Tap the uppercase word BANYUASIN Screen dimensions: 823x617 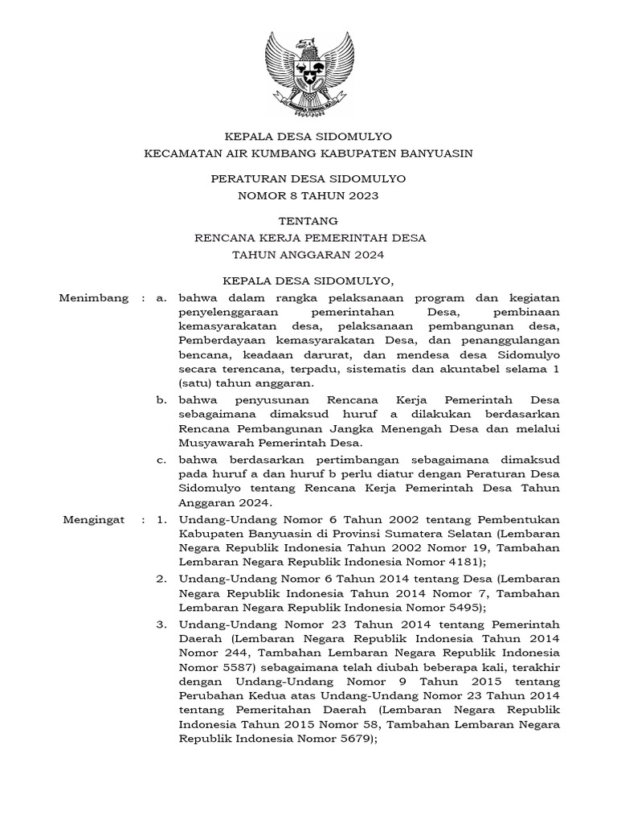pos(434,153)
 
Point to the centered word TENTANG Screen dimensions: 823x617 pos(308,220)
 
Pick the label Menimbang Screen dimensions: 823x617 pos(94,298)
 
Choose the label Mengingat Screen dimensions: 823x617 pos(94,519)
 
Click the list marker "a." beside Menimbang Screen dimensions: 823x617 pos(161,298)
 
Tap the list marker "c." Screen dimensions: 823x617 pos(161,460)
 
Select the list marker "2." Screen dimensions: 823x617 pos(161,579)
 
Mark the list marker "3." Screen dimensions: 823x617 pos(161,624)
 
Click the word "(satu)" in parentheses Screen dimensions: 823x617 pos(194,384)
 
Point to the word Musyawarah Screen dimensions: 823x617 pos(215,443)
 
